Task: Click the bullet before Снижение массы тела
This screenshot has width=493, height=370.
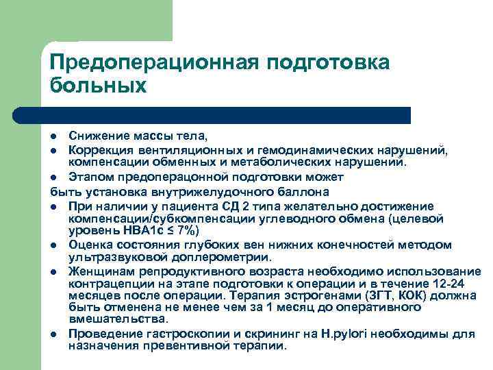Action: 54,135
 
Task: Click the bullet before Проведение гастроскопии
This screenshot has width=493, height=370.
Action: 54,335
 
